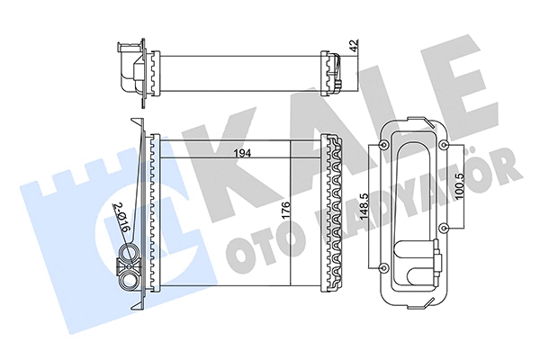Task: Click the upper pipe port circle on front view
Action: click(x=128, y=264)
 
